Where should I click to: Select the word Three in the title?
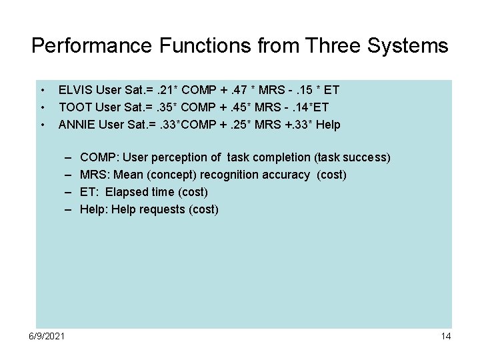point(325,46)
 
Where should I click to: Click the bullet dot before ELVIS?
point(42,89)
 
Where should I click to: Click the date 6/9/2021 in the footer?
point(47,336)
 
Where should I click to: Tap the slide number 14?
point(446,336)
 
